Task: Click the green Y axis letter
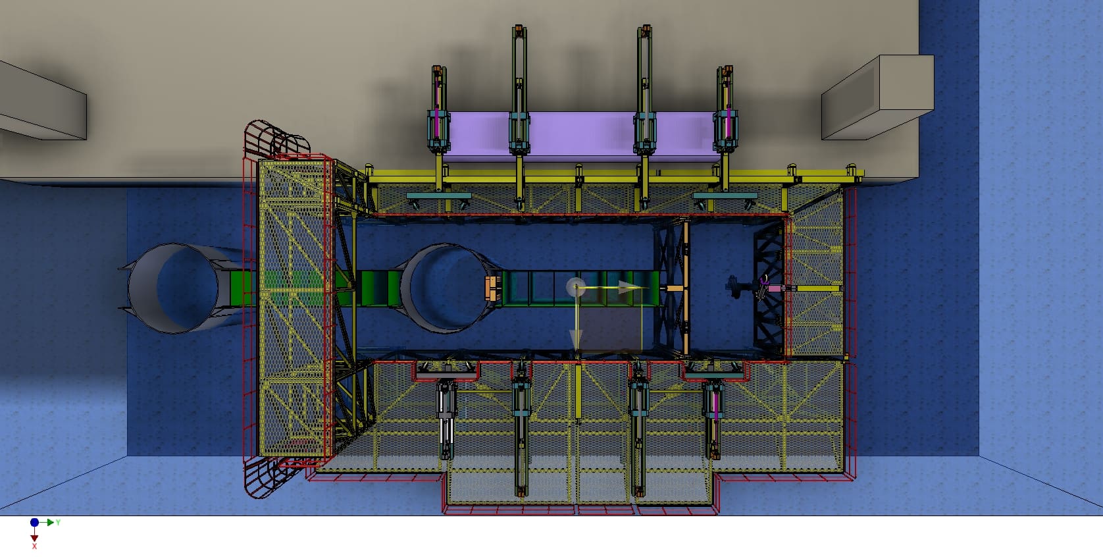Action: (58, 522)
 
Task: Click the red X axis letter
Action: (34, 546)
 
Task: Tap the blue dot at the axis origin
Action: (34, 522)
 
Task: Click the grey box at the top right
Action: (877, 97)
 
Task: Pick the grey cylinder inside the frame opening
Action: (449, 288)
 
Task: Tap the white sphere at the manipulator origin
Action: (576, 287)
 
